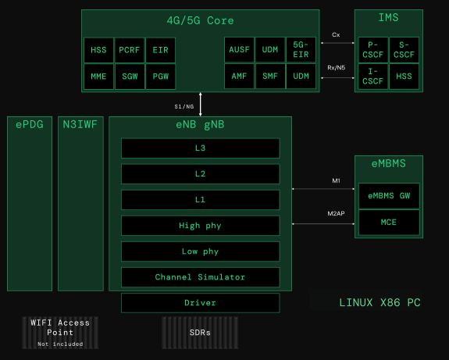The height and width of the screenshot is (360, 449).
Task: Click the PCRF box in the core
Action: (x=130, y=50)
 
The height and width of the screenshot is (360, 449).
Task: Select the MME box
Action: (x=98, y=77)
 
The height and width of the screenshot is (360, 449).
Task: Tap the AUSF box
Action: (x=239, y=49)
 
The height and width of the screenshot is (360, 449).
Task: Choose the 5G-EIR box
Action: (x=301, y=49)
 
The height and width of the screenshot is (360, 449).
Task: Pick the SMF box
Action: (x=270, y=77)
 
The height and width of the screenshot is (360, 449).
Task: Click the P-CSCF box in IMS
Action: (x=372, y=50)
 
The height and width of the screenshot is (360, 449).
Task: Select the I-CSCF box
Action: (x=372, y=77)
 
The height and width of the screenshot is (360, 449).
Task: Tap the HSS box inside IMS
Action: (x=404, y=77)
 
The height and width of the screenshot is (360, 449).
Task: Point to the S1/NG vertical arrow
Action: (x=201, y=104)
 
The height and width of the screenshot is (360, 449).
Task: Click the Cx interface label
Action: (x=336, y=34)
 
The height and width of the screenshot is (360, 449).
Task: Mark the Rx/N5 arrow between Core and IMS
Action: (x=337, y=77)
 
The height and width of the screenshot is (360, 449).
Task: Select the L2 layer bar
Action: (x=201, y=174)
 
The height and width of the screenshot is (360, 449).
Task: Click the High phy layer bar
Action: (x=201, y=226)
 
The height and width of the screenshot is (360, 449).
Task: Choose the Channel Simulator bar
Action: (x=201, y=277)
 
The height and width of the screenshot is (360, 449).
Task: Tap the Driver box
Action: (x=201, y=303)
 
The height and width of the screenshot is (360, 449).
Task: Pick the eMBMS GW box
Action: (x=389, y=195)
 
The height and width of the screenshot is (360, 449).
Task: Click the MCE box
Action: (x=389, y=223)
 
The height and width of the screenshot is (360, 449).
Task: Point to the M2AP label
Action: (x=337, y=213)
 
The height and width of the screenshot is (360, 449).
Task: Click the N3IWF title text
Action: (x=80, y=125)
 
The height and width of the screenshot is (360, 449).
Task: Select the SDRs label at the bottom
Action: (x=200, y=333)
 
